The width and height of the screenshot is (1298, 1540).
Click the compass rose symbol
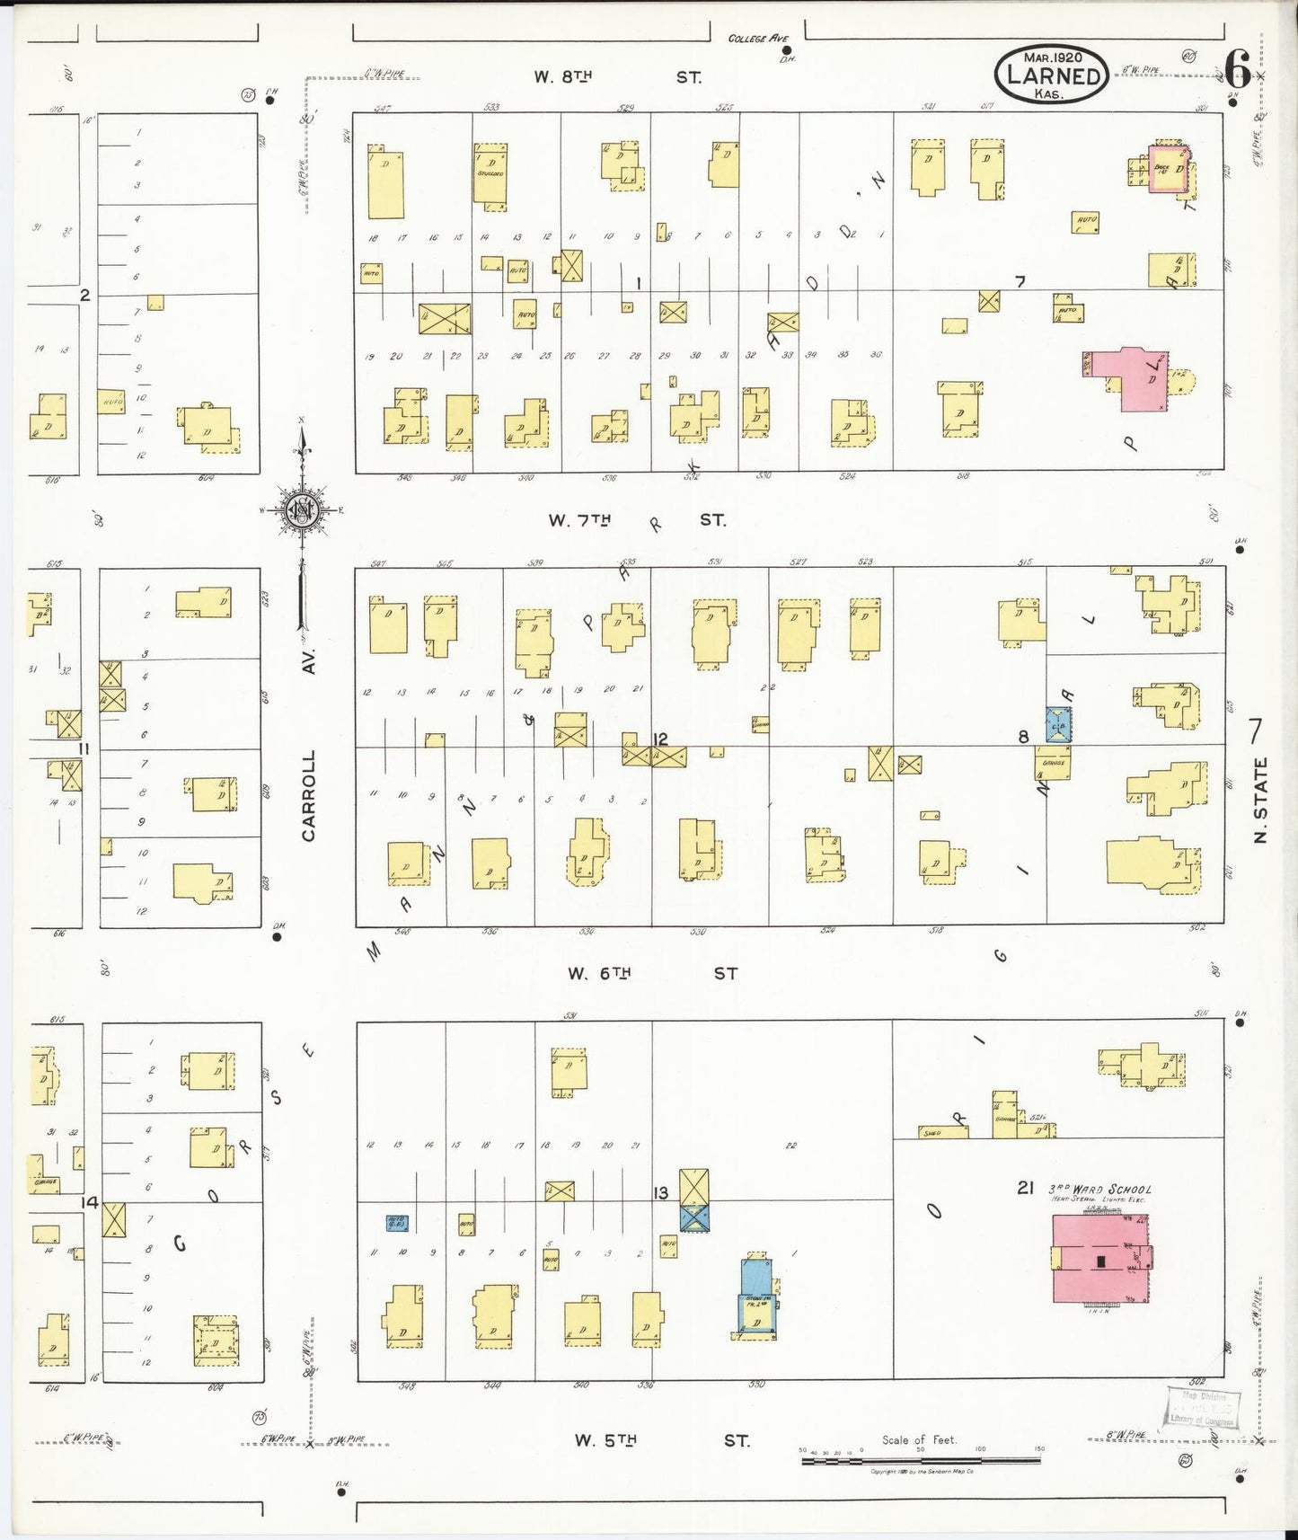click(x=302, y=510)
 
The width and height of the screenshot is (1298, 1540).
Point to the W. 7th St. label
click(x=636, y=520)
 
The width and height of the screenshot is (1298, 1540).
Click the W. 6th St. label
click(x=651, y=973)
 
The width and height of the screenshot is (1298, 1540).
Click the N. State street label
click(x=1260, y=800)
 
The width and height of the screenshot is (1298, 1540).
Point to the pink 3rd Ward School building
click(x=1100, y=1259)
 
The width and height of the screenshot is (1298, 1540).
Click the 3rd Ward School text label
click(x=1099, y=1189)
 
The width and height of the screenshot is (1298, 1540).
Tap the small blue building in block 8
click(x=1058, y=724)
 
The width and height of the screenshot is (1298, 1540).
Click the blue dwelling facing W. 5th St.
click(x=756, y=1297)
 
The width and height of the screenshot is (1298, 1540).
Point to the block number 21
click(x=1026, y=1188)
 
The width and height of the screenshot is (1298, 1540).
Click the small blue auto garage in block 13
click(x=396, y=1223)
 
